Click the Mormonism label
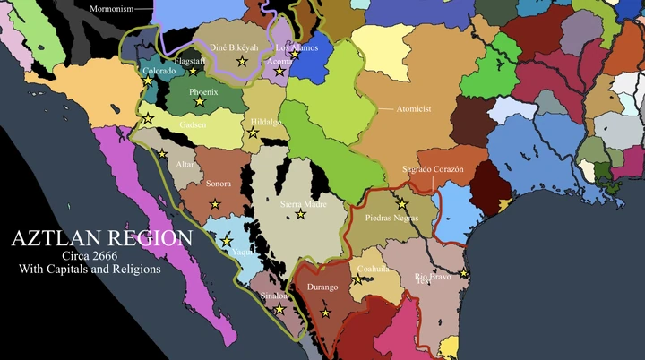pyautogui.click(x=111, y=9)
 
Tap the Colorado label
pyautogui.click(x=159, y=71)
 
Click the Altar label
pyautogui.click(x=185, y=165)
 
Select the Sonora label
pyautogui.click(x=219, y=184)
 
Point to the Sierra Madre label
pyautogui.click(x=303, y=204)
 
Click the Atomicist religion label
pyautogui.click(x=415, y=108)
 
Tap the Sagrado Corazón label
pyautogui.click(x=433, y=169)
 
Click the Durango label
pyautogui.click(x=322, y=287)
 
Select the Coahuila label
pyautogui.click(x=373, y=268)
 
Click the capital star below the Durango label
pyautogui.click(x=326, y=313)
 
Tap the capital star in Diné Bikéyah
pyautogui.click(x=241, y=61)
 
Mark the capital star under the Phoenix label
pyautogui.click(x=200, y=104)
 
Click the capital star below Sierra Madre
pyautogui.click(x=301, y=215)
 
